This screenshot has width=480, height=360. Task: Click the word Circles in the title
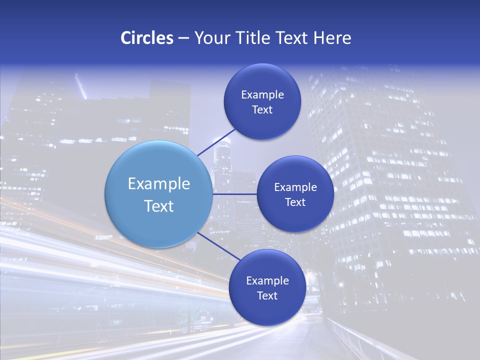(147, 38)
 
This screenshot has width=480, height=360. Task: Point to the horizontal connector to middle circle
(235, 194)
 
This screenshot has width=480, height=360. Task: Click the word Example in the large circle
(159, 184)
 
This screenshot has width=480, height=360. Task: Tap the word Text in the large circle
(159, 206)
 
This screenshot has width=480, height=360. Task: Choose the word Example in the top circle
(262, 95)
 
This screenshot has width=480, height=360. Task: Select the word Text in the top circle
(262, 110)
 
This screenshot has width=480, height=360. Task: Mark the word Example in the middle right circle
(295, 187)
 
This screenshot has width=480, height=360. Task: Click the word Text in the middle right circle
(295, 202)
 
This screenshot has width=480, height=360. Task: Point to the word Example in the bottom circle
(267, 281)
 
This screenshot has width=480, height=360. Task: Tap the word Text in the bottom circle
(267, 296)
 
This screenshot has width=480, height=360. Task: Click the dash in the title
(183, 38)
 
